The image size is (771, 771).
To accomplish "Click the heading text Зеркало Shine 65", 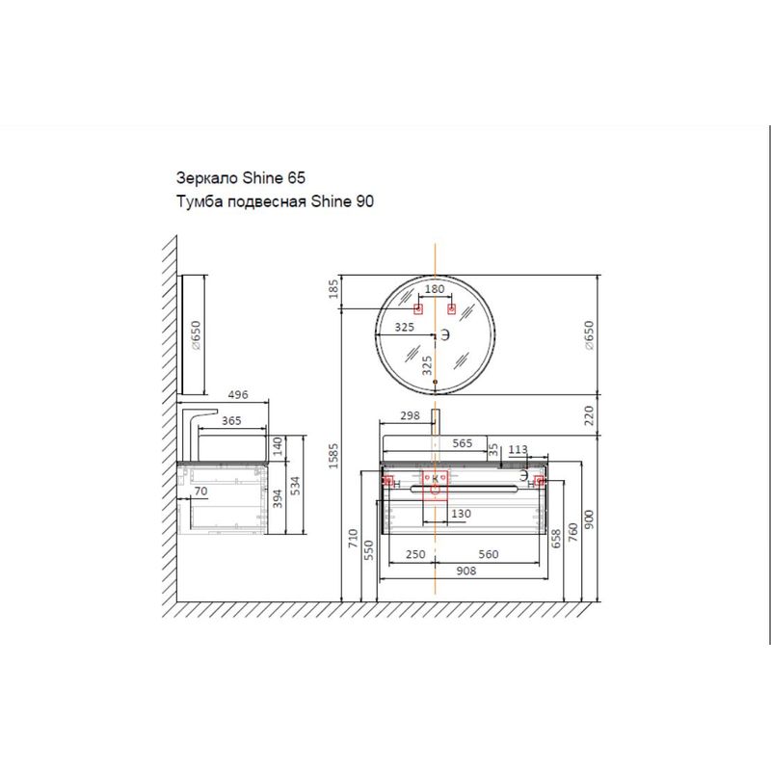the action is [240, 177].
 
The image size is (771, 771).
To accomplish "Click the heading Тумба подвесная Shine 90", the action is [275, 201].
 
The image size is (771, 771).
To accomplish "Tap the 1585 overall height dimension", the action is [333, 456].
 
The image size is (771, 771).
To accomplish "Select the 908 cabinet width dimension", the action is [466, 571].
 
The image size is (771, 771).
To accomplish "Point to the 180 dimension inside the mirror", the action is [435, 288].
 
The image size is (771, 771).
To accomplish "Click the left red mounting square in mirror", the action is [418, 308].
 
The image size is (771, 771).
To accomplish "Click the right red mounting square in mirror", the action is [451, 308].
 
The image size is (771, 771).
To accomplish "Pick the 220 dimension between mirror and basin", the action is [589, 415].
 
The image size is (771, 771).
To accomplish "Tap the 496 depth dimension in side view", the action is [238, 394].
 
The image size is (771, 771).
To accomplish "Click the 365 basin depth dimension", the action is [231, 421].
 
